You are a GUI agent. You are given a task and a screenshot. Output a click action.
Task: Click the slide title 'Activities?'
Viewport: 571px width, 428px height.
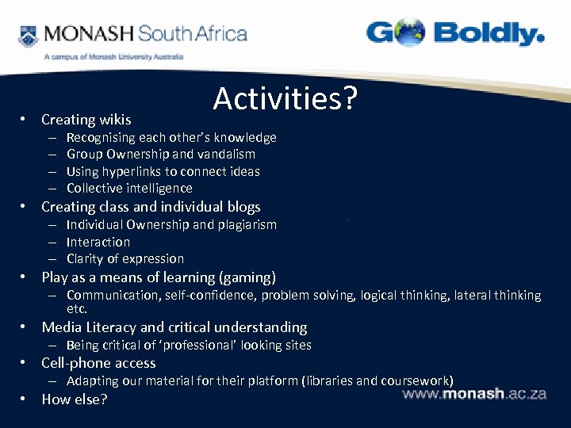tap(285, 99)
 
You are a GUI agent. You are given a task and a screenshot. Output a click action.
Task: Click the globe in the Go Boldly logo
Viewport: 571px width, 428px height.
tap(408, 33)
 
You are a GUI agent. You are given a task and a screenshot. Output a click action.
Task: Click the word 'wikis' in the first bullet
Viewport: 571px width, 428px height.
tap(115, 120)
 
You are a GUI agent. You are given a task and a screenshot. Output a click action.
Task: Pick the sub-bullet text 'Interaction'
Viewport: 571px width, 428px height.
tap(98, 242)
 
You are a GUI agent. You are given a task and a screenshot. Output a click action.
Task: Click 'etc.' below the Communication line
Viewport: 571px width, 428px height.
tap(77, 308)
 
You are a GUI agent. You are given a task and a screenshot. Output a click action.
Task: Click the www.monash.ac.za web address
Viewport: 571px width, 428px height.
tap(475, 394)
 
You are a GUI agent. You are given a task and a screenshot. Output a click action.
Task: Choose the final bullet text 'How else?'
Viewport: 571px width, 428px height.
tap(74, 399)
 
